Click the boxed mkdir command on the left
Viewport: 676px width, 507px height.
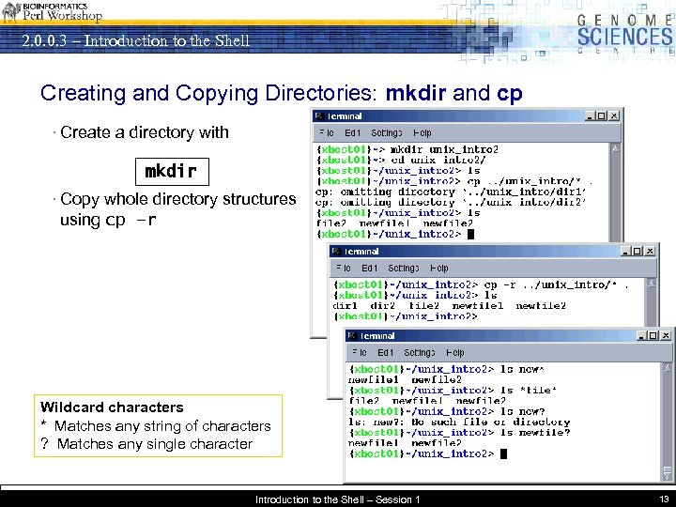170,171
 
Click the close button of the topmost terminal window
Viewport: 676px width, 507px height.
614,115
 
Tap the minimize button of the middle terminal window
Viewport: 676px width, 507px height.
625,251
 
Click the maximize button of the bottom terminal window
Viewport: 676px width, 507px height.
654,336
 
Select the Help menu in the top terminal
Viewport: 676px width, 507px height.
422,133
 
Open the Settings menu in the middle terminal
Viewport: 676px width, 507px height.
404,269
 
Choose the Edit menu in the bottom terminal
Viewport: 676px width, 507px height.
386,352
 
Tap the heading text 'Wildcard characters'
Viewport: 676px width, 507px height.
112,407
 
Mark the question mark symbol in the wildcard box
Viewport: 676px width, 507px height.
44,444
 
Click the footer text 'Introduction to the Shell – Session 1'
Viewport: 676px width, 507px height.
337,499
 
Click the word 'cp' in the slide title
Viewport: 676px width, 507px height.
510,94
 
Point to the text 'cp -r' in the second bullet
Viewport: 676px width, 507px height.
131,220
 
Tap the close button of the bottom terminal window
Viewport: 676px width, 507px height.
668,336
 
